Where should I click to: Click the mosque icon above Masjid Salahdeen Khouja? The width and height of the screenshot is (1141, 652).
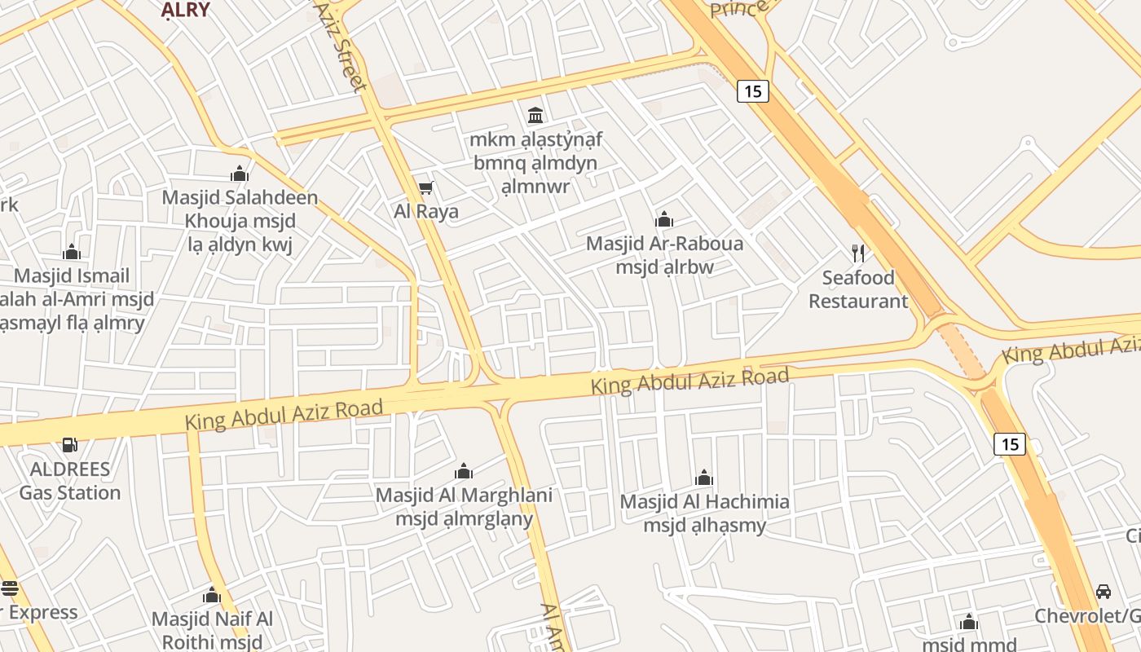pyautogui.click(x=239, y=174)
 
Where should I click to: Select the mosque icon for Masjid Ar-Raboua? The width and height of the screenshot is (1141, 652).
pyautogui.click(x=664, y=219)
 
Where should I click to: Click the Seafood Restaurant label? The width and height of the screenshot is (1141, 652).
pyautogui.click(x=858, y=289)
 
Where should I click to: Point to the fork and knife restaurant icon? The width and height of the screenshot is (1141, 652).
pyautogui.click(x=857, y=253)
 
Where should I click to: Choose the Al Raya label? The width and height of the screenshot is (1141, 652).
pyautogui.click(x=426, y=212)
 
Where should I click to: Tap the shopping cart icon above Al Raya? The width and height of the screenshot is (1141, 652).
pyautogui.click(x=425, y=189)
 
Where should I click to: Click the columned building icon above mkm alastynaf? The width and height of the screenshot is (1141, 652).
pyautogui.click(x=535, y=115)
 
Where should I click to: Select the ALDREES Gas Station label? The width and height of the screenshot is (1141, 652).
pyautogui.click(x=70, y=481)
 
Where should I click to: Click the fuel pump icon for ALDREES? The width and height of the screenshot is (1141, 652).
pyautogui.click(x=70, y=445)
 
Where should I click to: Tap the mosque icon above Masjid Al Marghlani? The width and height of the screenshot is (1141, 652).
pyautogui.click(x=464, y=471)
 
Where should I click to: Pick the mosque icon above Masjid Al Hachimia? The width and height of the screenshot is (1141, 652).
pyautogui.click(x=704, y=478)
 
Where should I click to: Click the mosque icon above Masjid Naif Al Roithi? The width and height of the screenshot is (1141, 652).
pyautogui.click(x=212, y=595)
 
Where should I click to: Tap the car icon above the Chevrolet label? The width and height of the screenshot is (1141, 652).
pyautogui.click(x=1104, y=592)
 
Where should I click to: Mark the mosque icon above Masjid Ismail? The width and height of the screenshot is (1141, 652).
pyautogui.click(x=72, y=252)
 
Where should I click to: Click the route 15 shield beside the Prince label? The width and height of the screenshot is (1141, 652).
pyautogui.click(x=752, y=91)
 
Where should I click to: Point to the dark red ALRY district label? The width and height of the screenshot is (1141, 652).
pyautogui.click(x=185, y=10)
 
